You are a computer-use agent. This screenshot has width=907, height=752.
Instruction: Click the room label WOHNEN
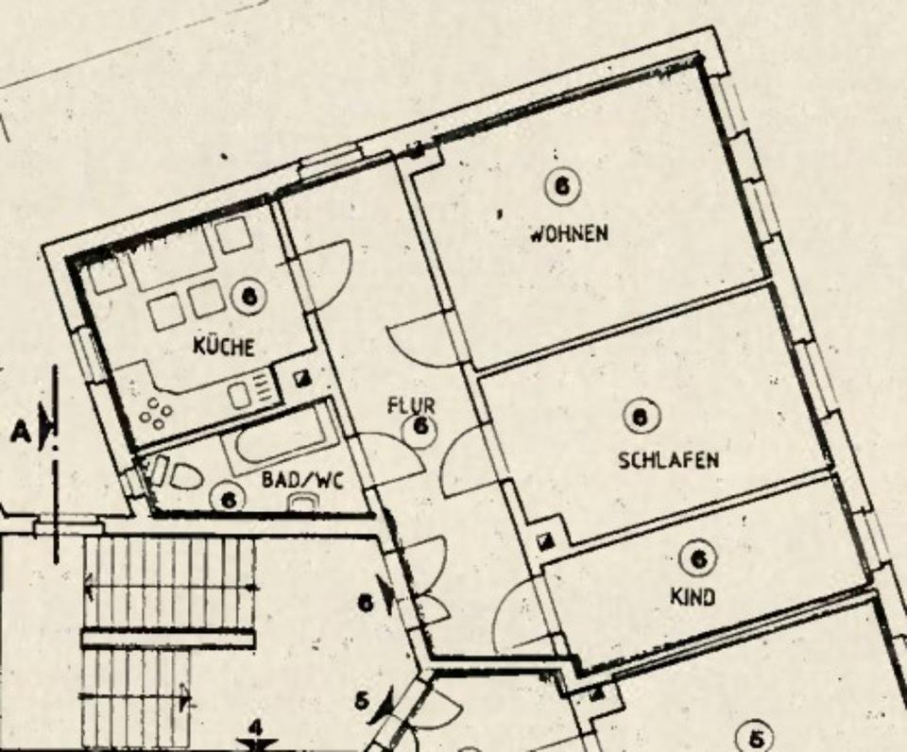click(568, 232)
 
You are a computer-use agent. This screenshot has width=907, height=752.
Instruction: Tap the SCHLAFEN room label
click(668, 460)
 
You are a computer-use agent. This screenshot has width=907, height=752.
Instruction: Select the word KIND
click(693, 597)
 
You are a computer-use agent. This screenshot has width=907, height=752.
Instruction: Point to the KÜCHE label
click(224, 347)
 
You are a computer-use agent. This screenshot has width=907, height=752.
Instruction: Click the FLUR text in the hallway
click(412, 406)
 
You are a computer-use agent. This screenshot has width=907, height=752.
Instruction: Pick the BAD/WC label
click(302, 480)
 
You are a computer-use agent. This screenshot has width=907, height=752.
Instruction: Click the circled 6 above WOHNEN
click(561, 186)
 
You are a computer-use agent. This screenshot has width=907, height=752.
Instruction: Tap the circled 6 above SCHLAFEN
click(642, 416)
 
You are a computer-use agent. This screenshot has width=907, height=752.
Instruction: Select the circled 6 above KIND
click(698, 559)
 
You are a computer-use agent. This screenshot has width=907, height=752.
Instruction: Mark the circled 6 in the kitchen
click(249, 297)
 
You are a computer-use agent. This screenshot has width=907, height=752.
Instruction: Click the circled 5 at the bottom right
click(755, 737)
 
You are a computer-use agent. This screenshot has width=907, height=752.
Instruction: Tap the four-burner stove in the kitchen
click(153, 412)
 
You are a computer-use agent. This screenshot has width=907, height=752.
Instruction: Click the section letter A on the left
click(21, 432)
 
